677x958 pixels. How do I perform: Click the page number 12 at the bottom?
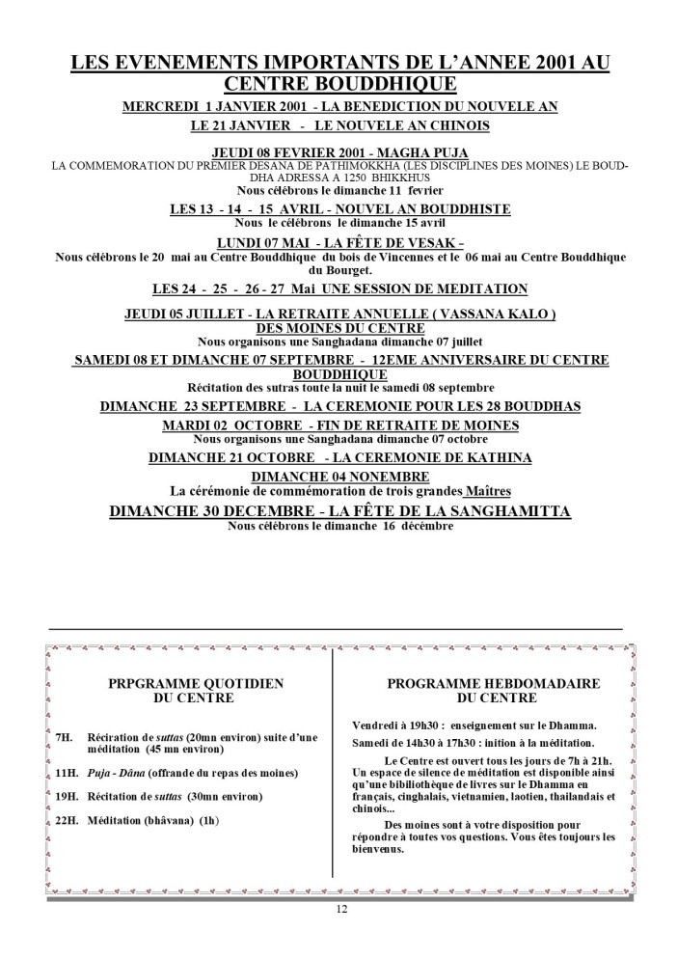coord(341,910)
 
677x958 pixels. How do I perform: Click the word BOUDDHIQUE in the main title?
coord(386,84)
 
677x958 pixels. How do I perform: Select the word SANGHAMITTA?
coord(495,510)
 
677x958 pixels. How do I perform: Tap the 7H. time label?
coord(64,738)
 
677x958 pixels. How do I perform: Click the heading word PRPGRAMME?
coord(159,683)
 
